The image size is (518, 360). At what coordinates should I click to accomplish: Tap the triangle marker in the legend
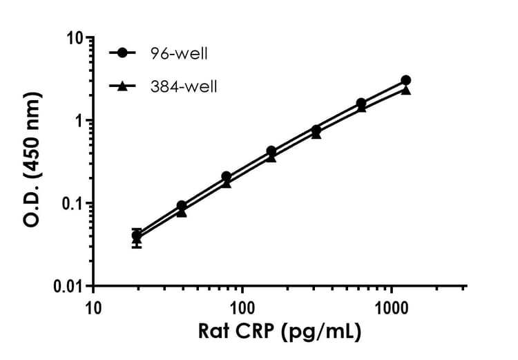pos(123,86)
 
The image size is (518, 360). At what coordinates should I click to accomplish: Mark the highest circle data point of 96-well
pos(405,81)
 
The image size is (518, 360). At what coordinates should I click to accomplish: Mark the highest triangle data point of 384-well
pos(405,90)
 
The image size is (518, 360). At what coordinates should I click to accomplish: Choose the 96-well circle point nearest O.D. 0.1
pos(182,206)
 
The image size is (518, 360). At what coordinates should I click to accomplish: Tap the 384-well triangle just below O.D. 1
pos(316,134)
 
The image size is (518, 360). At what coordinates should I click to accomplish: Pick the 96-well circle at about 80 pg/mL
pos(227,177)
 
